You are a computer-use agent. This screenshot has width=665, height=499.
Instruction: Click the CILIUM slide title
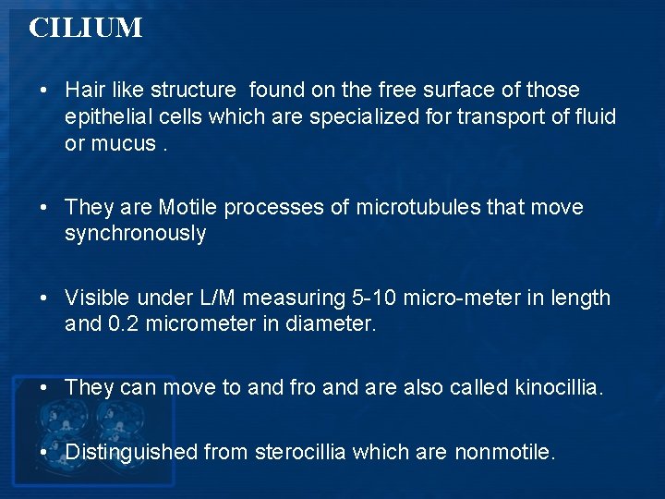86,28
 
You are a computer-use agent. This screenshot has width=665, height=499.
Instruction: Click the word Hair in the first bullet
84,90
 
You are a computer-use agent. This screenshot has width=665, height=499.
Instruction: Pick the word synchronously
135,234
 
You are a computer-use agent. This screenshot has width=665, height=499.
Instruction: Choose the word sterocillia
301,452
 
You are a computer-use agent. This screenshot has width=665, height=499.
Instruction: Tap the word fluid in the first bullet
593,117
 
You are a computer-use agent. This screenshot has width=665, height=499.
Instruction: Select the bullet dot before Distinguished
44,452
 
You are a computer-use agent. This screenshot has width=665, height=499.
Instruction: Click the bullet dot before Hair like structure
44,91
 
